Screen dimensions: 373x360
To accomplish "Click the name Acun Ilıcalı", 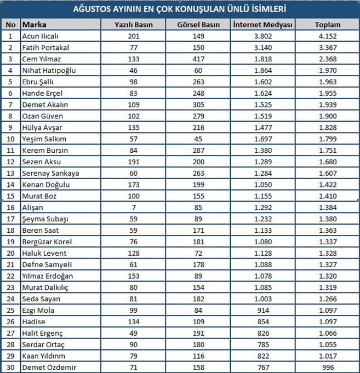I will [39, 36].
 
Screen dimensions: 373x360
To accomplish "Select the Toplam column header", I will [328, 25].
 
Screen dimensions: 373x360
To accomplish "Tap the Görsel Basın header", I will [199, 25].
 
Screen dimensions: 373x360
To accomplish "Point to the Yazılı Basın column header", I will [133, 25].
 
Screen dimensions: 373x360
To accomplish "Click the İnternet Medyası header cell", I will [263, 25].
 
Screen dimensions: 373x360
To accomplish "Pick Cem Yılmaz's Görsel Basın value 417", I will [199, 59].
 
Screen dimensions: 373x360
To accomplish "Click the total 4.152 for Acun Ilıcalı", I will [328, 36].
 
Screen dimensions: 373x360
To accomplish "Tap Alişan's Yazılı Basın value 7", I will [133, 208].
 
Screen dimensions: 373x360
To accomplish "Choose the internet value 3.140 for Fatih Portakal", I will [263, 48].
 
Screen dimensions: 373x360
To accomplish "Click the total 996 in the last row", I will [328, 367].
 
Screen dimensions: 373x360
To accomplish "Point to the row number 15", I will [10, 196].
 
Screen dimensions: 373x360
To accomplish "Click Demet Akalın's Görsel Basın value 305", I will [199, 105].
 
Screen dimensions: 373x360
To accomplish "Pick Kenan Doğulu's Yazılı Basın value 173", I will [133, 185].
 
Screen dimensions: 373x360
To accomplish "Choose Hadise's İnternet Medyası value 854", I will [263, 322].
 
